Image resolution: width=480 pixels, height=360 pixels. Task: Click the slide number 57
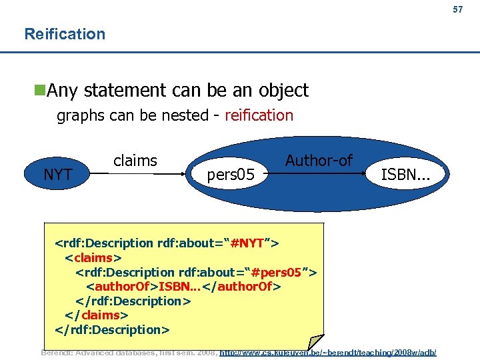coord(457,10)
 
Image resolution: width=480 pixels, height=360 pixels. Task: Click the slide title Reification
coord(65,34)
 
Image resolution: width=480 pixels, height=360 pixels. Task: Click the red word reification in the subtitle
coord(259,115)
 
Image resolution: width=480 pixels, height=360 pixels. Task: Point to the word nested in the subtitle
coord(182,115)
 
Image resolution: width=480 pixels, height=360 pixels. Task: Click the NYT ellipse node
coord(57,175)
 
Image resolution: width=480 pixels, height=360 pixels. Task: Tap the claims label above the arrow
coord(135,161)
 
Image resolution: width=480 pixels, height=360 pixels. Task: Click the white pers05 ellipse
coord(231,175)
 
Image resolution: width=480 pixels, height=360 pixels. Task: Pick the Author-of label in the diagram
coord(319,160)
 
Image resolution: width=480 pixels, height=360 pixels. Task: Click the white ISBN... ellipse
coord(405,175)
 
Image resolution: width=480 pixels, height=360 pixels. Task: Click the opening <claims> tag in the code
coord(93,257)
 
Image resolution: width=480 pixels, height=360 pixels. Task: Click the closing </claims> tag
coord(96,315)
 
